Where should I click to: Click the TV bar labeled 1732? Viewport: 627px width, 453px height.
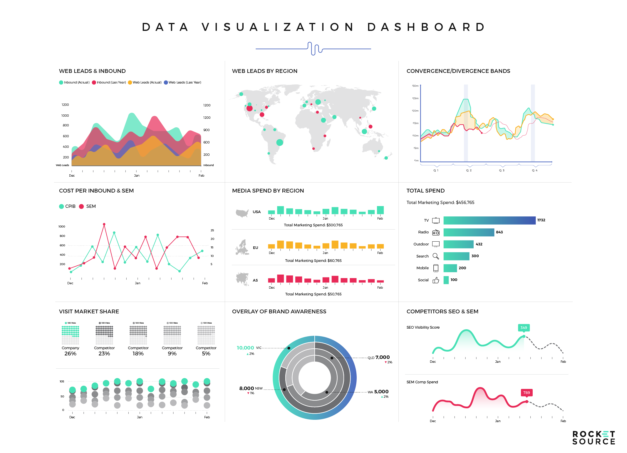pos(489,220)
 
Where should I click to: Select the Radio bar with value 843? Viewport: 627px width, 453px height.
pos(469,232)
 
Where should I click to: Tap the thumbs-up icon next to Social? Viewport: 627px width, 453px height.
pos(436,280)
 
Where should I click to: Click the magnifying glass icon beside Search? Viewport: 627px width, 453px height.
pos(436,256)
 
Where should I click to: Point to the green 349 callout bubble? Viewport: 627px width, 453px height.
pos(524,327)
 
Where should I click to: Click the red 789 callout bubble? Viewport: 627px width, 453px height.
pos(527,392)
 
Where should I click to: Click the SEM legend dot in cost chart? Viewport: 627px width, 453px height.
pos(82,206)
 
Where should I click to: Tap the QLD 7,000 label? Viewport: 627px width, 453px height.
pos(379,357)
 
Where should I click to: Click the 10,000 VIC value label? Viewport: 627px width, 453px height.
pos(245,348)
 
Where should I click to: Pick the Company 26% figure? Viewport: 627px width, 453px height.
pos(70,354)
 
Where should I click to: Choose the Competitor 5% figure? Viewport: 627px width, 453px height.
pos(206,354)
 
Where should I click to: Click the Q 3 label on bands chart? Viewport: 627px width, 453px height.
pos(502,170)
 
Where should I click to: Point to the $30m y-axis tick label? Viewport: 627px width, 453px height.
pos(415,86)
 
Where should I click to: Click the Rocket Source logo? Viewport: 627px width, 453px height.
pos(594,438)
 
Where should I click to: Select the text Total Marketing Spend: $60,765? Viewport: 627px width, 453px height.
pos(313,261)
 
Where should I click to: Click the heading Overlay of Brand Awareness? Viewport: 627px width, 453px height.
pos(279,312)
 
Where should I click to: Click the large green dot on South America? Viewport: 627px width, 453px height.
pos(280,143)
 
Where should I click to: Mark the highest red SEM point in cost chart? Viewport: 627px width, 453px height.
pos(104,224)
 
